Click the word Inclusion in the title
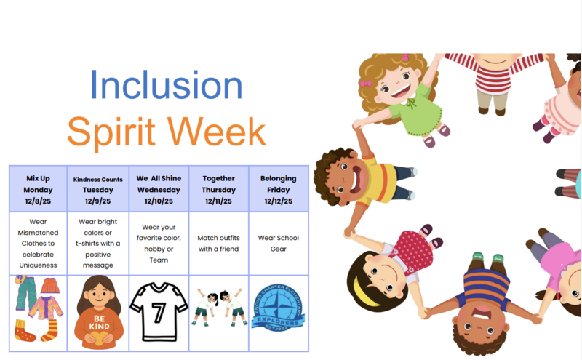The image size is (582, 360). (167, 86)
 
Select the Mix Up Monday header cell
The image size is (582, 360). (38, 189)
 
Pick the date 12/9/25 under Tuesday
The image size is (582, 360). (97, 201)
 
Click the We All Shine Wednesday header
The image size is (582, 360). (159, 189)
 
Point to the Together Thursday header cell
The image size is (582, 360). (218, 189)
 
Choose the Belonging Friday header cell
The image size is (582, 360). (278, 189)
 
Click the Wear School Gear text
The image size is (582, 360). (278, 243)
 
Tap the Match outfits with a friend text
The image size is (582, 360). (218, 243)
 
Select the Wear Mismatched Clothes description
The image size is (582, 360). (38, 243)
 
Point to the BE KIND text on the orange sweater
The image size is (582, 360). (97, 321)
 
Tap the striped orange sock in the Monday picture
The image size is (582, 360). (49, 331)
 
